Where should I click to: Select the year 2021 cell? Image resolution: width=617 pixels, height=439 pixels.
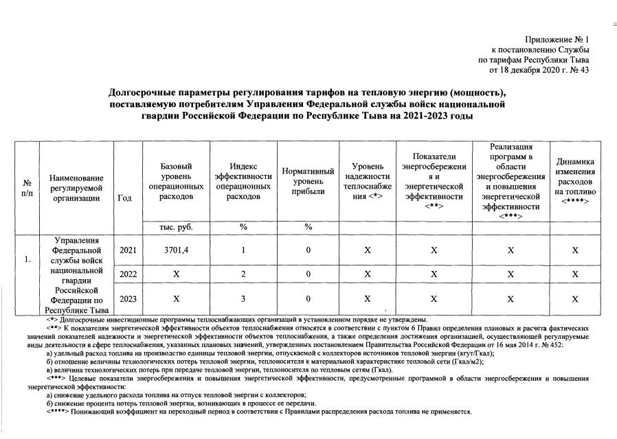[x=128, y=250]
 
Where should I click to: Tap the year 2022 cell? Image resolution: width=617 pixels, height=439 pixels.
[x=128, y=274]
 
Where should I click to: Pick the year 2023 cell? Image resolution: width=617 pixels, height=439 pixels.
[x=128, y=299]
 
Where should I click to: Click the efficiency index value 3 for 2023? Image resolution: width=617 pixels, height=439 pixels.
[x=243, y=299]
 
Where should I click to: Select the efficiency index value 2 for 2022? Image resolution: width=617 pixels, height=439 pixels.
[x=243, y=274]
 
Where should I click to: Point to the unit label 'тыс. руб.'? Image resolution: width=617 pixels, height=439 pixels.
[x=176, y=227]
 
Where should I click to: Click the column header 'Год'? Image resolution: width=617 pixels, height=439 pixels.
[x=125, y=198]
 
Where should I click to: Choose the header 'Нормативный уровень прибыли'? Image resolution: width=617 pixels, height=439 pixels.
[x=308, y=181]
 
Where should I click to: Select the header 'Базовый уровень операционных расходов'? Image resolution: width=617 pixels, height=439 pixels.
[x=176, y=181]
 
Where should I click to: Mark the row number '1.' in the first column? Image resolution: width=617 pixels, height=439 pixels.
[x=27, y=260]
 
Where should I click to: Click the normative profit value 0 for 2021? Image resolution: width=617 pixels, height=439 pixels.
[x=308, y=250]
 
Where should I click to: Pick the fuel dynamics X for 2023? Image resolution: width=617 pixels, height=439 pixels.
[x=574, y=299]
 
